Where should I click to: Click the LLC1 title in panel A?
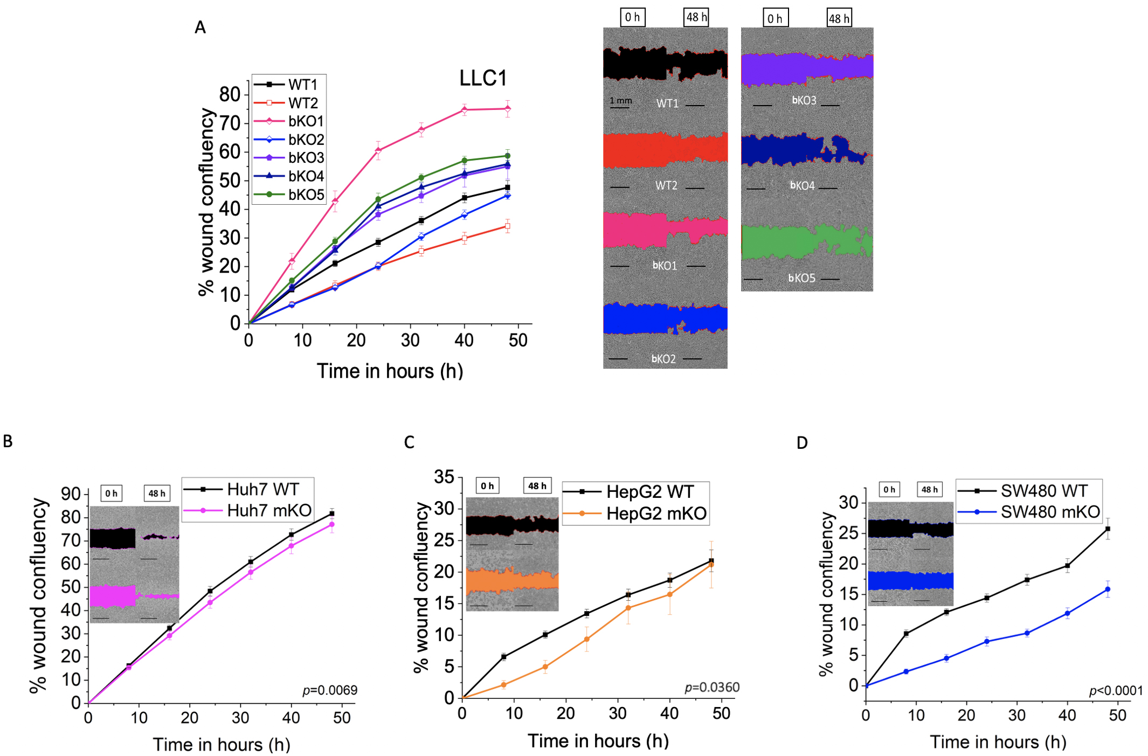tap(483, 79)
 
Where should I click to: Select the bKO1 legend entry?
tap(305, 121)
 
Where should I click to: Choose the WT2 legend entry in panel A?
tap(302, 103)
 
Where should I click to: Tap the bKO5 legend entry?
tap(306, 195)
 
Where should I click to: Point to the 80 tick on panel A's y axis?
tap(230, 95)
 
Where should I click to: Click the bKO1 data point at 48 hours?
tap(508, 109)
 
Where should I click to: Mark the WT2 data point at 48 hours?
tap(508, 226)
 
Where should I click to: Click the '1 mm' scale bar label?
tap(620, 100)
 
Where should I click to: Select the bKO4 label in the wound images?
tap(803, 186)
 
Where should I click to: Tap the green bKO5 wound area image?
tap(806, 241)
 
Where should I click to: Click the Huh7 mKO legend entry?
tap(268, 510)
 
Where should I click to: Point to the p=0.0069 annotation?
tap(330, 690)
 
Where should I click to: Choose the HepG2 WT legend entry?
tap(650, 491)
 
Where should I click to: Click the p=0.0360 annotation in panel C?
tap(711, 688)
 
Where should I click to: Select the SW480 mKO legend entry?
tap(1049, 511)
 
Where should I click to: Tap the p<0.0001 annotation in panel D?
tap(1116, 691)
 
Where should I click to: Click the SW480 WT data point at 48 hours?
tap(1108, 529)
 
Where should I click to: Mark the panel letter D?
tap(802, 443)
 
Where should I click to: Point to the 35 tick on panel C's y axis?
tap(444, 477)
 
